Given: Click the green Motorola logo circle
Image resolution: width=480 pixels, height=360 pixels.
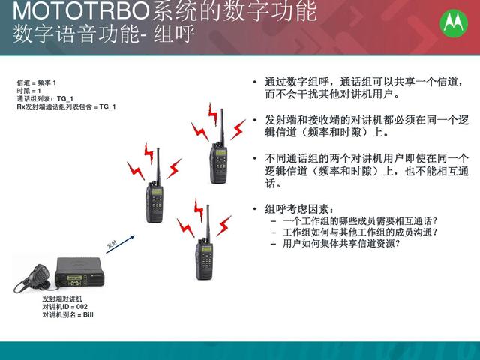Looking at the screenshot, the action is tap(453, 23).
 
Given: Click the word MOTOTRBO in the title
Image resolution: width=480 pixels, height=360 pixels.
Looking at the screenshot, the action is tap(81, 12).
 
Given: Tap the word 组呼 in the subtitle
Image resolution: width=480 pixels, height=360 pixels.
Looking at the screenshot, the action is tap(174, 34).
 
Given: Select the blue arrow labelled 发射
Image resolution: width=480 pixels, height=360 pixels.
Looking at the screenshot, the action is tap(120, 244).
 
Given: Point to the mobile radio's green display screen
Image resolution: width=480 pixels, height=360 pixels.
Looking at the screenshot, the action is tap(74, 278).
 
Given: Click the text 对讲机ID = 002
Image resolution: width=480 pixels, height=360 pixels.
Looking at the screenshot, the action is tap(65, 307).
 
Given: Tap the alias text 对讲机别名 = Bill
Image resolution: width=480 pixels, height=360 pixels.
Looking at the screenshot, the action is tap(67, 314).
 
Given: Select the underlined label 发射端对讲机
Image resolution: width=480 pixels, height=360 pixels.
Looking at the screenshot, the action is tap(62, 298).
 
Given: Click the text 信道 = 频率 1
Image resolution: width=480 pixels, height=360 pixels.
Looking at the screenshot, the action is tap(37, 82).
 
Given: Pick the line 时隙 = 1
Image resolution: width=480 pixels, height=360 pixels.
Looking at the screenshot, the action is tap(28, 91).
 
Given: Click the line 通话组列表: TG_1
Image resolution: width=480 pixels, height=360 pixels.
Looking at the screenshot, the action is tap(45, 98).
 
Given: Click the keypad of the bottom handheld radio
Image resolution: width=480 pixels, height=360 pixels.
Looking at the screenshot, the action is tap(205, 261).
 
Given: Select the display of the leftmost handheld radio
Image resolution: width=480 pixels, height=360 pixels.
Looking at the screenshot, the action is tap(157, 192).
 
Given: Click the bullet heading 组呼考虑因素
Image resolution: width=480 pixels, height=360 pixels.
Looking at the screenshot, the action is tap(298, 209).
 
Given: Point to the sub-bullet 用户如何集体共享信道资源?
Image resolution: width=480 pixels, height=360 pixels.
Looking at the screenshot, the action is tap(341, 243).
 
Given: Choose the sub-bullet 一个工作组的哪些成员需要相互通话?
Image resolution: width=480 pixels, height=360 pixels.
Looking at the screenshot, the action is tap(360, 220).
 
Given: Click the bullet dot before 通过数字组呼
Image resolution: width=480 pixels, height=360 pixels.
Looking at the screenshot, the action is tap(255, 82).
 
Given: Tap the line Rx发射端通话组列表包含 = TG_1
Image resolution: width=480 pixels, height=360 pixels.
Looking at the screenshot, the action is tap(66, 106).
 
